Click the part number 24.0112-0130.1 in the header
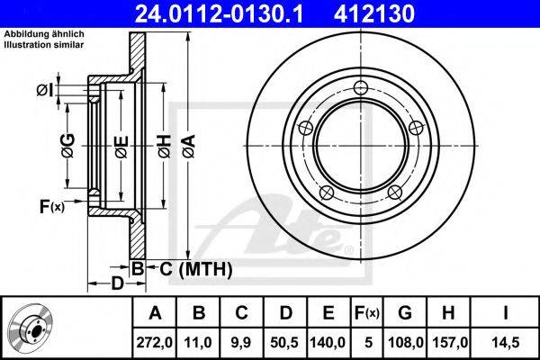(x=219, y=13)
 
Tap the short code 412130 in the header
(x=374, y=13)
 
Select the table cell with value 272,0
(x=154, y=342)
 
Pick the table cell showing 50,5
(x=284, y=342)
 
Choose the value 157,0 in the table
(x=447, y=342)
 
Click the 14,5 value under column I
(x=505, y=342)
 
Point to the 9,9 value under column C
(x=241, y=342)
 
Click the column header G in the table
(x=405, y=313)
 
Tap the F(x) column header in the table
(x=367, y=313)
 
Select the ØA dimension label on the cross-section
(x=189, y=147)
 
